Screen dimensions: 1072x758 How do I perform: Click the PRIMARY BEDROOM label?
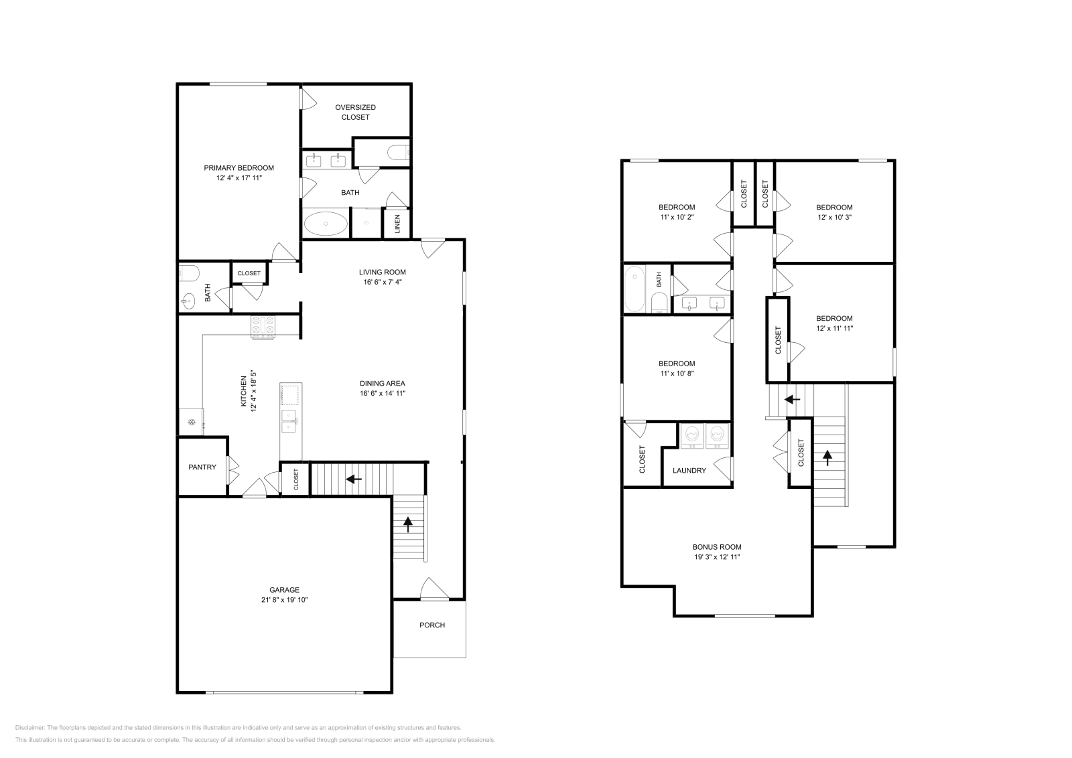pos(239,168)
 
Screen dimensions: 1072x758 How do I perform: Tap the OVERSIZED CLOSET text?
pos(355,112)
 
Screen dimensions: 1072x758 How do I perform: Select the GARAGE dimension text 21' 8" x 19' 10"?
pos(284,600)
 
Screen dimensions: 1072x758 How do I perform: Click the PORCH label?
pos(432,625)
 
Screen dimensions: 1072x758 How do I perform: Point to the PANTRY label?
pos(202,467)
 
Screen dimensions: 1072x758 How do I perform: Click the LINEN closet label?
pos(397,224)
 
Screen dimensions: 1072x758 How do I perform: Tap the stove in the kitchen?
pos(263,327)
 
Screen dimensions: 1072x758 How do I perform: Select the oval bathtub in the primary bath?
pos(326,224)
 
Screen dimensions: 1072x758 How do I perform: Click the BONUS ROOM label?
pos(717,547)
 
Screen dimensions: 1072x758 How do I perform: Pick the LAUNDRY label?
pos(689,471)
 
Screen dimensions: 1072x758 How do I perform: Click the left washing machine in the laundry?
pos(693,437)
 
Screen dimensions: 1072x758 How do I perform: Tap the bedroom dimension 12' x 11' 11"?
pos(834,329)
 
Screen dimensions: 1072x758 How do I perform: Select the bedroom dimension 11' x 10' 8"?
pos(677,374)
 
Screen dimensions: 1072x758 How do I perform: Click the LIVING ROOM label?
pos(383,272)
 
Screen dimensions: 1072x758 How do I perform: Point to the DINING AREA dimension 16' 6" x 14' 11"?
pos(383,394)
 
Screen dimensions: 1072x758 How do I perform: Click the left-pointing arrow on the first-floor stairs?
pos(354,479)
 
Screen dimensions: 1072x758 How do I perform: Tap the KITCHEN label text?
pos(244,391)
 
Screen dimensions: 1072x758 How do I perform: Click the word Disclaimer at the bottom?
pos(29,728)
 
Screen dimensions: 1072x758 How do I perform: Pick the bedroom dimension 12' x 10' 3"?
pos(834,217)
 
